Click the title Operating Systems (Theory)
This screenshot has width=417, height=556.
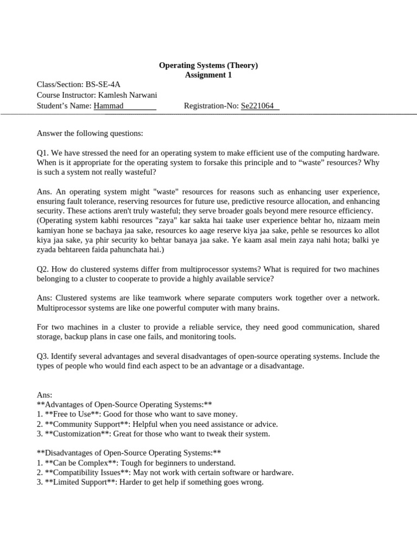(208, 65)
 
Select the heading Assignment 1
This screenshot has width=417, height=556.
(208, 75)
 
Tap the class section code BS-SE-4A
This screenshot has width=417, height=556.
(103, 85)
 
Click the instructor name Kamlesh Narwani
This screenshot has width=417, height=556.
(129, 95)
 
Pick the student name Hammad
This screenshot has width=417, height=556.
(109, 105)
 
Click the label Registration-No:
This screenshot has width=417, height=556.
(211, 105)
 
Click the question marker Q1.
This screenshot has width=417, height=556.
(42, 153)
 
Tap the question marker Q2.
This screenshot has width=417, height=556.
(42, 269)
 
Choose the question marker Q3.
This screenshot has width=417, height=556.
(42, 356)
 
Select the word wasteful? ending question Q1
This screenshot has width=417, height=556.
(138, 172)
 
